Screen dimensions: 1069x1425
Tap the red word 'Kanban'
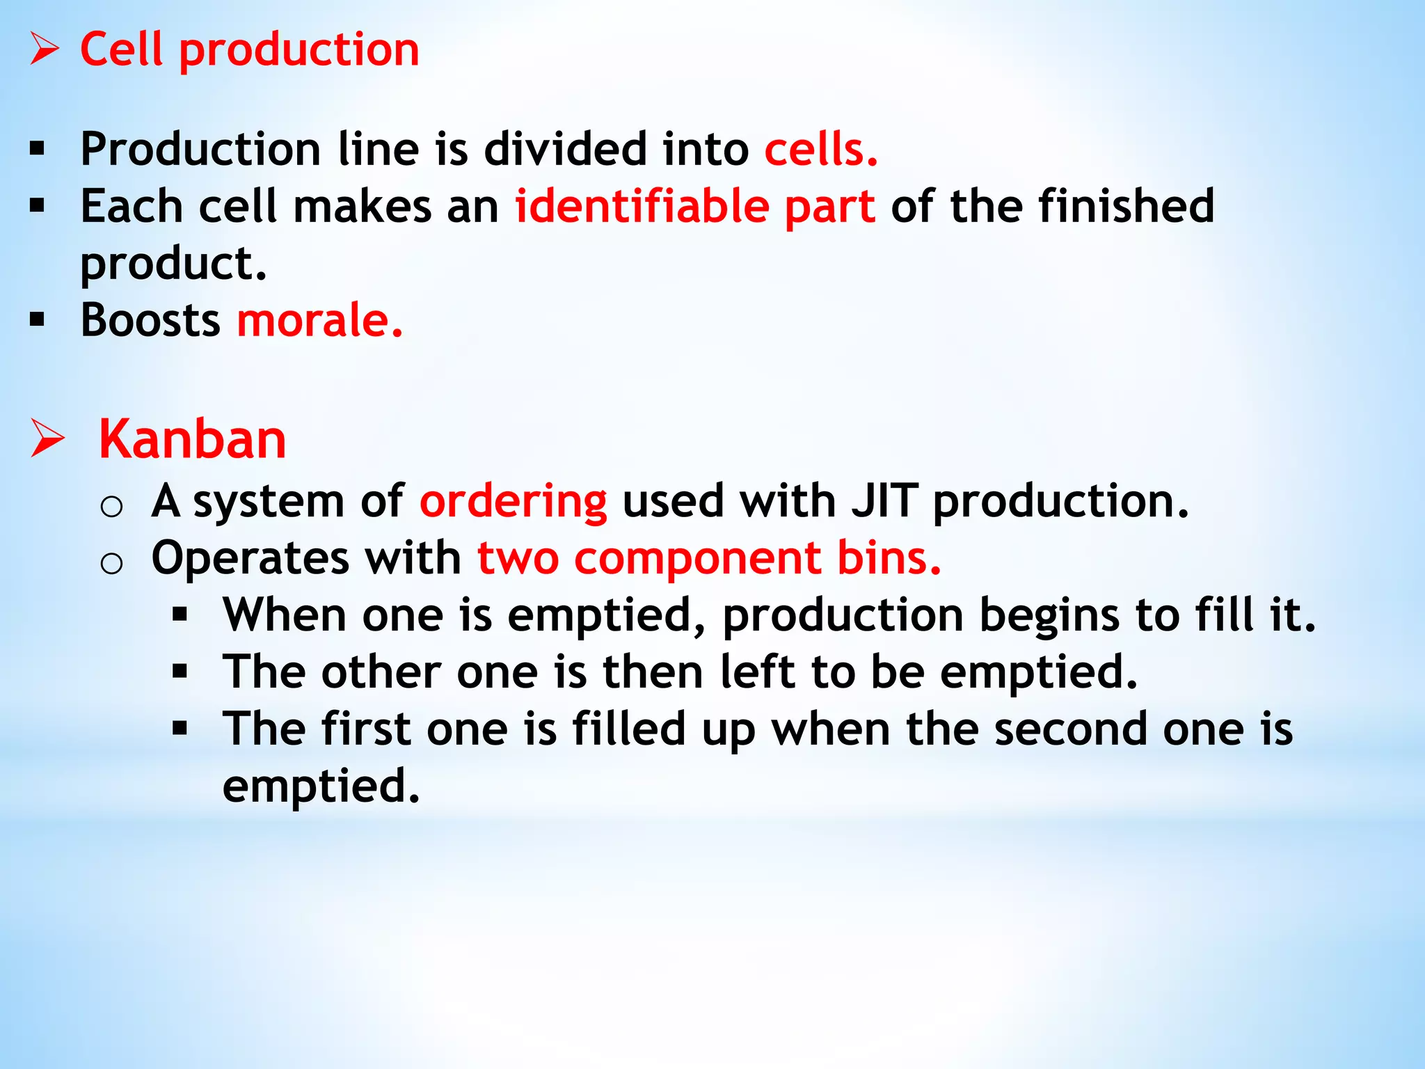(192, 440)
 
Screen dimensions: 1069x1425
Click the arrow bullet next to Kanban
(47, 438)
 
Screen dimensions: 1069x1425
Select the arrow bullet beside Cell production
(45, 50)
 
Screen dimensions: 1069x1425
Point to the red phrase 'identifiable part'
(694, 207)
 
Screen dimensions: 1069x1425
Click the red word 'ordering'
(513, 502)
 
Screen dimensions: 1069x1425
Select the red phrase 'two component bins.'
(709, 558)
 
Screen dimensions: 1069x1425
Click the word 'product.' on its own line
(174, 264)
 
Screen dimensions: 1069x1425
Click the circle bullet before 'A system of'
(111, 506)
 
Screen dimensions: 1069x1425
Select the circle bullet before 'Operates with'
(111, 563)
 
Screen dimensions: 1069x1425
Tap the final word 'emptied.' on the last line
(321, 786)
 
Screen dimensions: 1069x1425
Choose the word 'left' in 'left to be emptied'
(758, 672)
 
